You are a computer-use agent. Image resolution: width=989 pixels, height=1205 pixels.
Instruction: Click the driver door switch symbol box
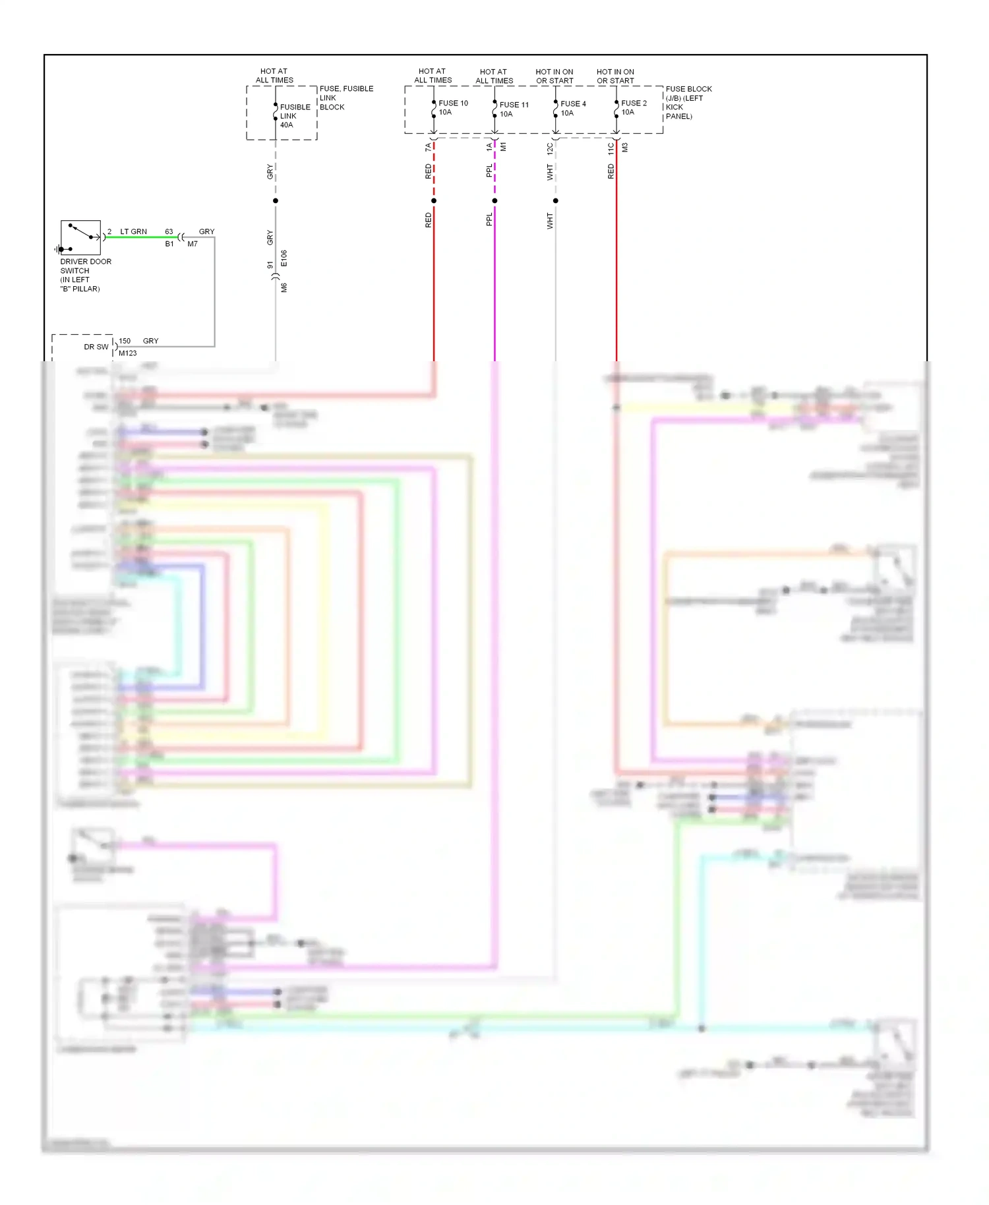coord(80,237)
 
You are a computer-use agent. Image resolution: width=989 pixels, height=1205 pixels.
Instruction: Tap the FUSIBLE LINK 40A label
coord(295,116)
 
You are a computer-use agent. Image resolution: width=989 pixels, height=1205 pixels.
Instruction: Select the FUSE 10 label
coord(453,103)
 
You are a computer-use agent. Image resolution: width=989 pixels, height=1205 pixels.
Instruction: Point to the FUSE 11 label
coord(514,105)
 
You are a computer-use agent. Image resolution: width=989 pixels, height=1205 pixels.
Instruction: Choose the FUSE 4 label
coord(573,104)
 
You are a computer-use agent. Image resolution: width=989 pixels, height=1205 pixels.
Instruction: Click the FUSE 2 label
coord(634,103)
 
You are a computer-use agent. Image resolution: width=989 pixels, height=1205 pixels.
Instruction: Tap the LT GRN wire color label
coord(133,232)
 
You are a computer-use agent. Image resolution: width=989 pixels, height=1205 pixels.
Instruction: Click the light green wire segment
coord(142,237)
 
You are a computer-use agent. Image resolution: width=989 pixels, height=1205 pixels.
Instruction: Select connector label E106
coord(284,258)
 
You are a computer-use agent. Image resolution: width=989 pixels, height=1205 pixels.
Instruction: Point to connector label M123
coord(128,353)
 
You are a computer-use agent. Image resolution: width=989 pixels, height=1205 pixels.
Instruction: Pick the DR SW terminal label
coord(96,347)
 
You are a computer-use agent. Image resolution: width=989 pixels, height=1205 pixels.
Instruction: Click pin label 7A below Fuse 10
coord(428,147)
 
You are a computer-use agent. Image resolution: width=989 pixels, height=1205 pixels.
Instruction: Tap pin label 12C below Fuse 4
coord(550,148)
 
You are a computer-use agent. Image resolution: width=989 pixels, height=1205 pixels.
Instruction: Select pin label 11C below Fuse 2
coord(611,148)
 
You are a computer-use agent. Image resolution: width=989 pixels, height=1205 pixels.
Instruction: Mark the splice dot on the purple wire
coord(494,200)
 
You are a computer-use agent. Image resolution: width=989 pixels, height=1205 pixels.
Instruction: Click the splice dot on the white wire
coord(556,200)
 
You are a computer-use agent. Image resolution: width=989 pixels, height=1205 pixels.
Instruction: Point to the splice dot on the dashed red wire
coord(434,200)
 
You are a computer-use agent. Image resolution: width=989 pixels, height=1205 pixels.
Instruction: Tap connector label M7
coord(193,244)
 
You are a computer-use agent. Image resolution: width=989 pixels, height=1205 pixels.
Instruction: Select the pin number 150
coord(125,341)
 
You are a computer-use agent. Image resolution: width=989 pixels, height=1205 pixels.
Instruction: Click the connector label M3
coord(624,148)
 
